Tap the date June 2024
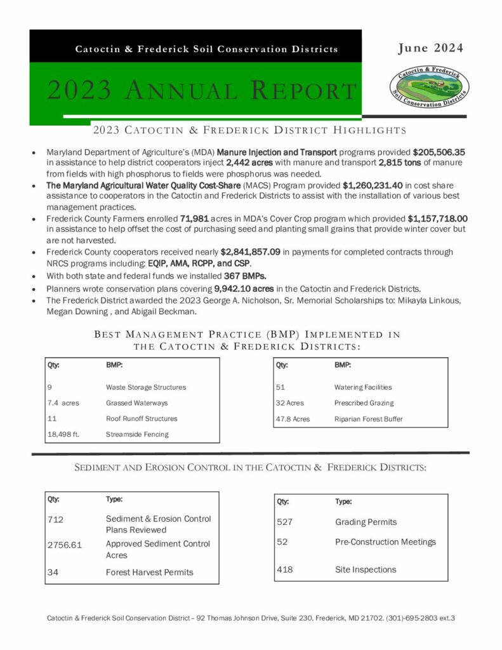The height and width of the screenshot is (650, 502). pos(431,48)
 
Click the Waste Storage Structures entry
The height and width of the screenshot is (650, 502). pos(146,387)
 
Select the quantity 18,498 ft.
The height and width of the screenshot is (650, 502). pos(66,434)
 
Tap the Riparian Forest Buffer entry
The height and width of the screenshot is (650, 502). pos(368,419)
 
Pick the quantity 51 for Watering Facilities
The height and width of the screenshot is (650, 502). pos(281,387)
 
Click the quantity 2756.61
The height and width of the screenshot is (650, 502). pos(65,545)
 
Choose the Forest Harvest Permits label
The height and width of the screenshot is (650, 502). pos(149,572)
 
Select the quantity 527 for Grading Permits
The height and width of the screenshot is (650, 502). pos(285,522)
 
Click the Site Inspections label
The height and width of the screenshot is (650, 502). pos(366,569)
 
